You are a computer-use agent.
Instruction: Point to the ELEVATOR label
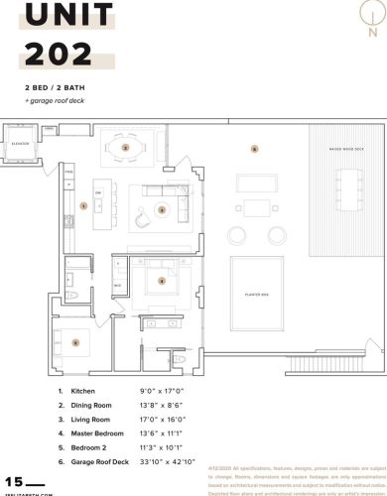pyautogui.click(x=19, y=144)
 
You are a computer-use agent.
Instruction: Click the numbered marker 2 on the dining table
pyautogui.click(x=125, y=147)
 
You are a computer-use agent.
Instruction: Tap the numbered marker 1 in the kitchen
pyautogui.click(x=84, y=205)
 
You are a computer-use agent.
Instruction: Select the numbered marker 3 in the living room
pyautogui.click(x=162, y=209)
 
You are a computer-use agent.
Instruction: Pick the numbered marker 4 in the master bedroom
pyautogui.click(x=161, y=281)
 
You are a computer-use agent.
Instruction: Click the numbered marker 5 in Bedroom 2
pyautogui.click(x=75, y=342)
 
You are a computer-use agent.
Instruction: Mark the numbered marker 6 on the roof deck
pyautogui.click(x=254, y=149)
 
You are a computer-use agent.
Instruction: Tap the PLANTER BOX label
pyautogui.click(x=258, y=295)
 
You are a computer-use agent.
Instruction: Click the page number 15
pyautogui.click(x=13, y=480)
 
